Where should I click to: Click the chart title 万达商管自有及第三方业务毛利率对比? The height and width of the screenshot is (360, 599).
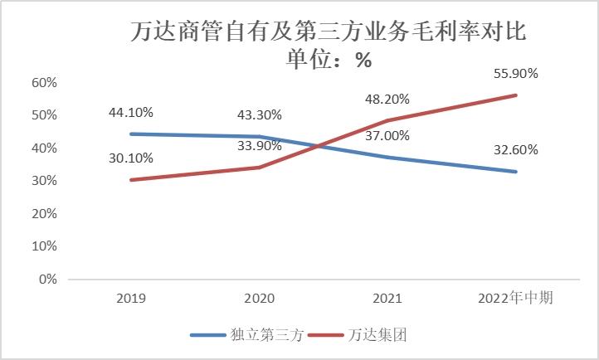(329, 33)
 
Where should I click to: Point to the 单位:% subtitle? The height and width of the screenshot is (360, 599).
(329, 61)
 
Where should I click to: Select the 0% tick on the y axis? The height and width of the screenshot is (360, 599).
(47, 280)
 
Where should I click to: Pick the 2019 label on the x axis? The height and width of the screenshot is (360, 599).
(132, 298)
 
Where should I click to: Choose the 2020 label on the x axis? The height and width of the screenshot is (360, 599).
(260, 298)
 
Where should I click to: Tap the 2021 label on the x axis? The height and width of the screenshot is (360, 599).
(387, 298)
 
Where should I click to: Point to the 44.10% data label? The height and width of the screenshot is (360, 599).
(130, 113)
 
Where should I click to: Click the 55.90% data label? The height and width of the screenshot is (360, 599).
(515, 73)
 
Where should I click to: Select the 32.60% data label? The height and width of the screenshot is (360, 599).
(515, 150)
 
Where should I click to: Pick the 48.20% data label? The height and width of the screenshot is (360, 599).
(387, 99)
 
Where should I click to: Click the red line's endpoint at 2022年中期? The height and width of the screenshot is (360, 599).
(515, 95)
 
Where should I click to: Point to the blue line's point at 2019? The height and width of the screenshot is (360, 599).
(132, 134)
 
